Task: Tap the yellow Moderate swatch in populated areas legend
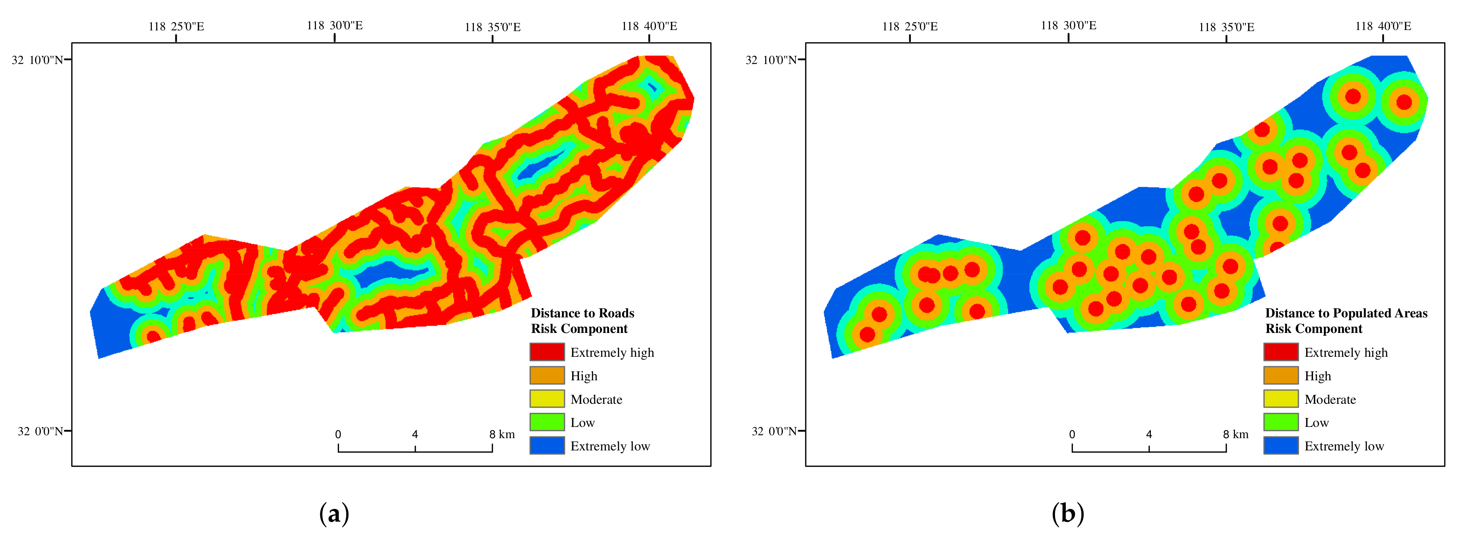point(1281,399)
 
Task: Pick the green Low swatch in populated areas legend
point(1281,422)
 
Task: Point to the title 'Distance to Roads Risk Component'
point(582,321)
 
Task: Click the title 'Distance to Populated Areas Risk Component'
point(1346,321)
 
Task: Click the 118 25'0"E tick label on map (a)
point(176,27)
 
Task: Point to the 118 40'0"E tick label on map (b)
point(1382,26)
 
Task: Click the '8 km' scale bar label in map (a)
point(502,435)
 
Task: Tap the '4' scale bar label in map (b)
point(1149,435)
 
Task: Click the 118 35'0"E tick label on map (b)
point(1226,27)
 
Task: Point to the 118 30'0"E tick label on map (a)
point(334,26)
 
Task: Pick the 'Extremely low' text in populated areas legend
point(1343,446)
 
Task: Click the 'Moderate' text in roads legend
point(596,399)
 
